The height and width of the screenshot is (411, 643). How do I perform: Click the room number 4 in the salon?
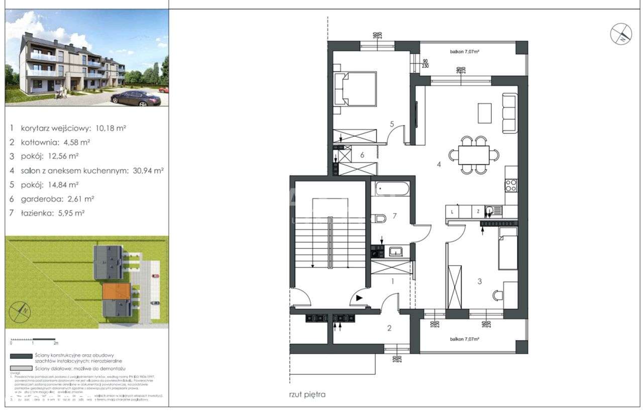(439, 164)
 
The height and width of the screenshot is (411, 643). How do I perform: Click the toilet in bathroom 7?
(380, 218)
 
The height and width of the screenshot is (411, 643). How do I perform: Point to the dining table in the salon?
(474, 155)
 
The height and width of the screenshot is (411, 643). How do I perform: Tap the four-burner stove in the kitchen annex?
(511, 185)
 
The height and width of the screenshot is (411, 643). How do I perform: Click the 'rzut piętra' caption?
(307, 394)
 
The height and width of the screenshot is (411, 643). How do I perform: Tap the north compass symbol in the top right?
(621, 34)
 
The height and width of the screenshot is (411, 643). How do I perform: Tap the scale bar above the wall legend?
(33, 339)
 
